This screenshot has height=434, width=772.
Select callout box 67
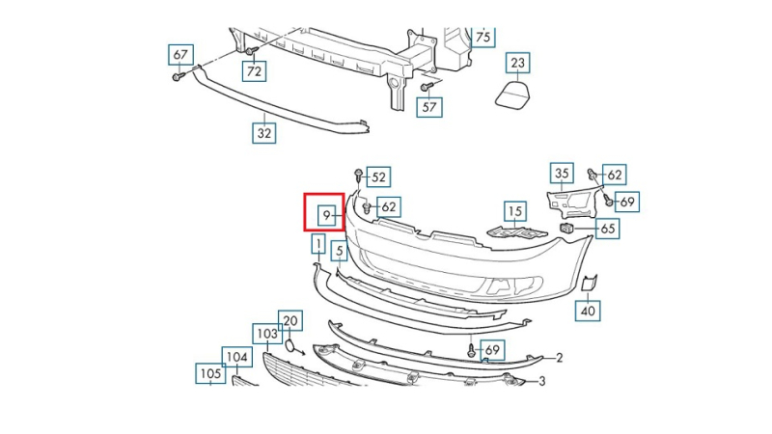tap(180, 55)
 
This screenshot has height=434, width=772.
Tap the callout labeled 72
tap(254, 71)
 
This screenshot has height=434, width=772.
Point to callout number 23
tap(518, 63)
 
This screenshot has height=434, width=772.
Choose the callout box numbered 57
tap(429, 107)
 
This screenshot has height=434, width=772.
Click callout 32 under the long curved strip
tap(264, 133)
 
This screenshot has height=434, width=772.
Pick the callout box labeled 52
tap(378, 177)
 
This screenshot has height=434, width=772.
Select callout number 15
tap(515, 211)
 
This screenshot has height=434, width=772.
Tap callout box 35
tap(562, 174)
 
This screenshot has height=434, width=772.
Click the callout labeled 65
tap(607, 229)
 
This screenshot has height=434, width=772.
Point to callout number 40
tap(588, 311)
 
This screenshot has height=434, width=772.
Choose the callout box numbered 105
tap(210, 374)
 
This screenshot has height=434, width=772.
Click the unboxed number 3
tap(542, 381)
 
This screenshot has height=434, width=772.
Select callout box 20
tap(290, 321)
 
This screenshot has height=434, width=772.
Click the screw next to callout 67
tap(178, 77)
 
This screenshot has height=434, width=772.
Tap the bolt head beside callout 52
tap(358, 175)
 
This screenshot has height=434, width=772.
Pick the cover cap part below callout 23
tap(513, 95)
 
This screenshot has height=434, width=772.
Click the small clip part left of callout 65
tap(566, 228)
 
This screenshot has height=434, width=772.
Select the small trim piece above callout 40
tap(590, 283)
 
